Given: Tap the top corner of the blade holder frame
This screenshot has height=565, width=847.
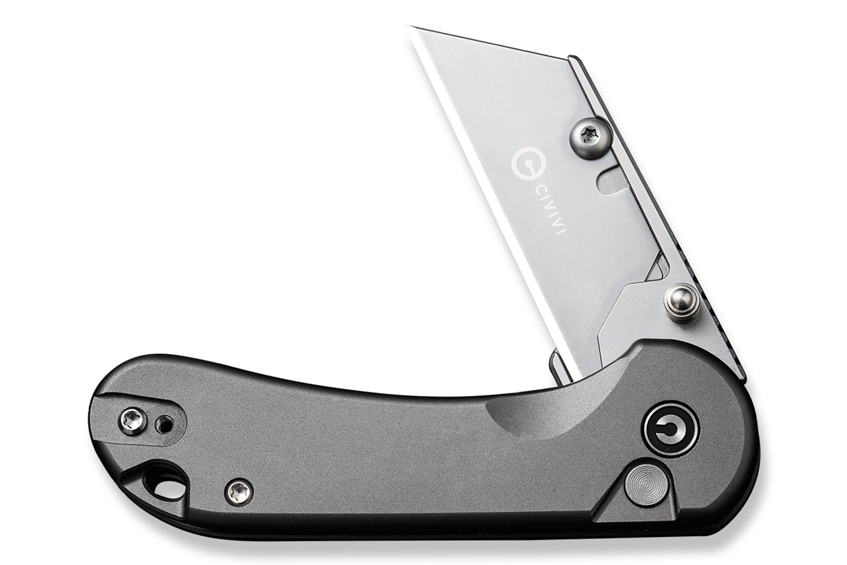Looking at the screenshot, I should click(x=573, y=58).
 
